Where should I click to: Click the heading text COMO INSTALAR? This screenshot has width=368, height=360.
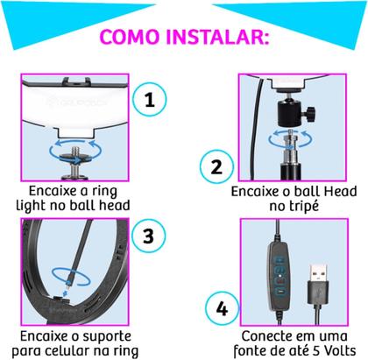click(183, 38)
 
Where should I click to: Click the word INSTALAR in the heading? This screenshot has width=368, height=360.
click(224, 38)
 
